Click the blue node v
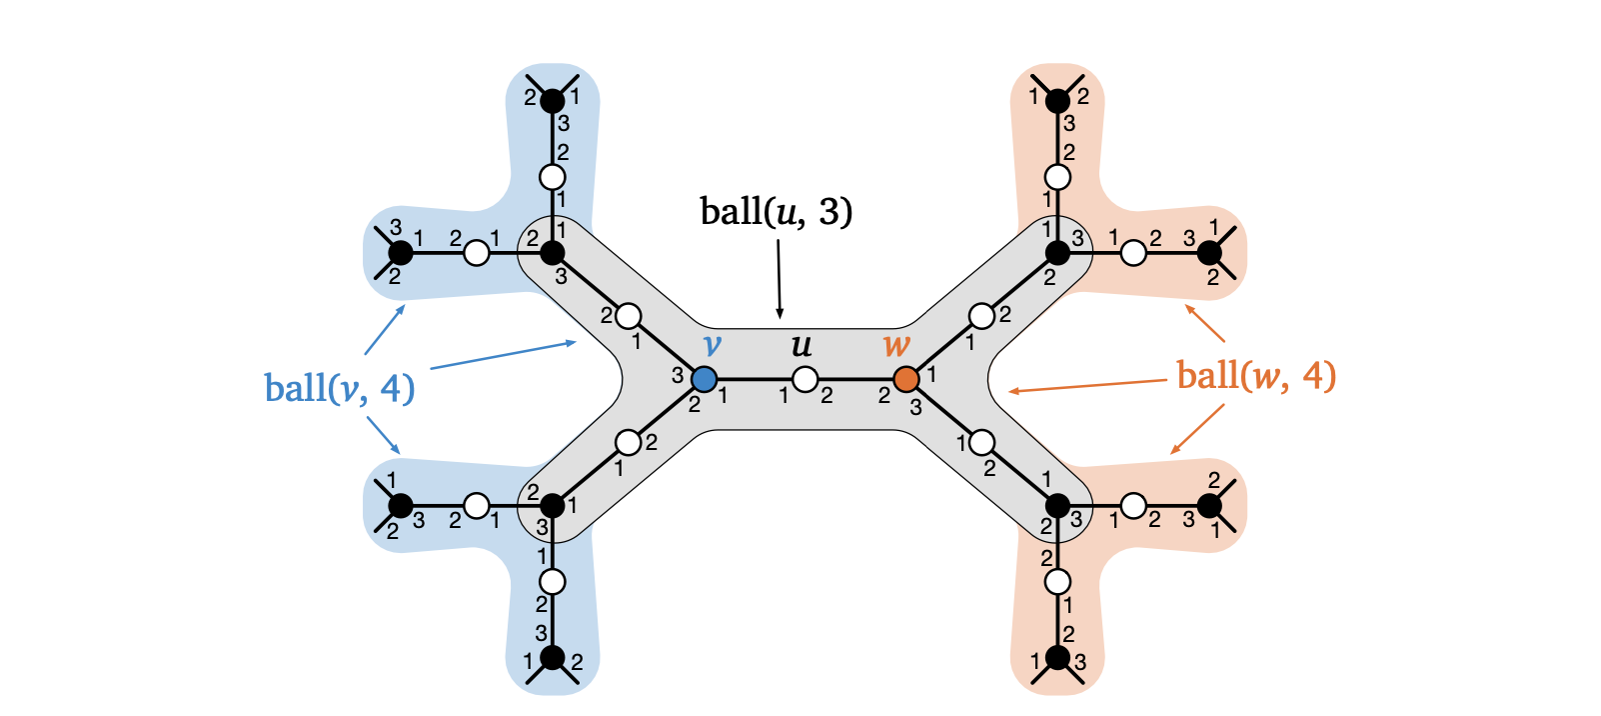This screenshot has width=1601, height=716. (705, 379)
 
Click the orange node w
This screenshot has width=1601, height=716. (906, 379)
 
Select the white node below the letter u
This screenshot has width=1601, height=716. (805, 379)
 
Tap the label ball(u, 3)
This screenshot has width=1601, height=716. (777, 212)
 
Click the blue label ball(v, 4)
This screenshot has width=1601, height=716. (340, 388)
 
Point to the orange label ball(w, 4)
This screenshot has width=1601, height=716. (1256, 376)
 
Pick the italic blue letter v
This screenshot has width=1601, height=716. (712, 346)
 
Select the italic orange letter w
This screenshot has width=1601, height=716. (896, 346)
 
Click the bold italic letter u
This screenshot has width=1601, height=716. (801, 346)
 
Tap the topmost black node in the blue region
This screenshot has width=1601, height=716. (553, 100)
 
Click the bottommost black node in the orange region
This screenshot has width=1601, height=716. (1057, 659)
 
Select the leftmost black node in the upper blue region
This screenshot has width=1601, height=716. (401, 253)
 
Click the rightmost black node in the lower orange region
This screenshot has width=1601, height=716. (1209, 506)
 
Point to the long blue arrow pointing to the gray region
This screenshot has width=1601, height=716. (503, 355)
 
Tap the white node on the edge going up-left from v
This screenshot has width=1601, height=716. (629, 316)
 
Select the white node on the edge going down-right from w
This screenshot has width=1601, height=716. (982, 442)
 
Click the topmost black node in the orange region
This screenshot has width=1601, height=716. (1057, 100)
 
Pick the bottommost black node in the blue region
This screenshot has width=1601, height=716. (553, 658)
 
